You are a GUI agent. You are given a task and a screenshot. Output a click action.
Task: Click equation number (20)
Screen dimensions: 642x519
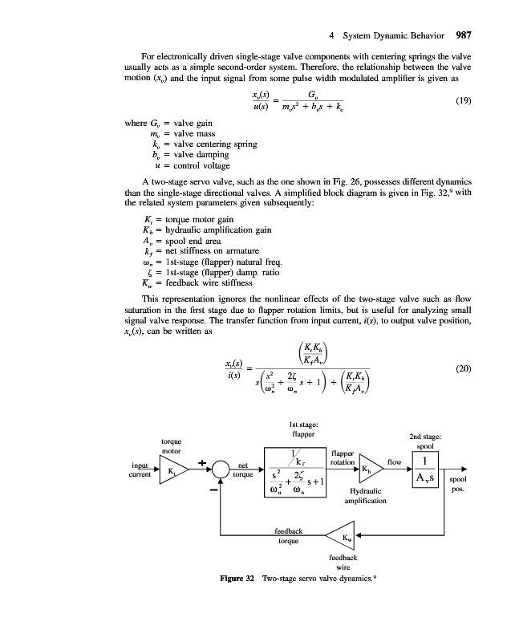463,368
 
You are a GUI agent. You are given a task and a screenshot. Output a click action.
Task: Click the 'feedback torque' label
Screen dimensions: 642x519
288,536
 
